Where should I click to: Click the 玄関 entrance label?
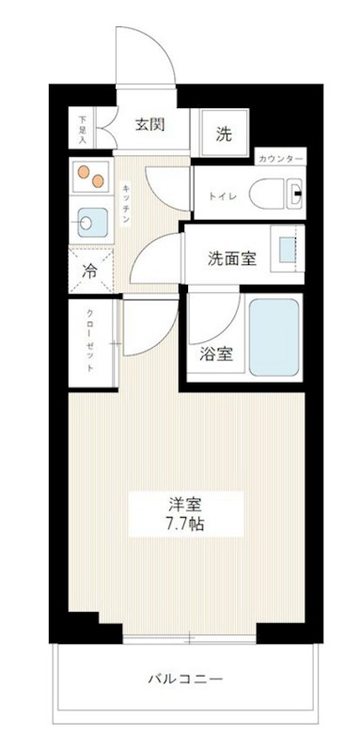(x=149, y=124)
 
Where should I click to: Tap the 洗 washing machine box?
(x=224, y=133)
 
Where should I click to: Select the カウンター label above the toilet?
(x=280, y=159)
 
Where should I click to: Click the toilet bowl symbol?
(x=269, y=194)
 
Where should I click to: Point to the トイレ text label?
(x=217, y=196)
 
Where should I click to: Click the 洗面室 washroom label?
(x=232, y=258)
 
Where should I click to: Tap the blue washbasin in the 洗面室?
(x=287, y=250)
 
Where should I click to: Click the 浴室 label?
(x=217, y=354)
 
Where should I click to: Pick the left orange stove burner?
(x=85, y=171)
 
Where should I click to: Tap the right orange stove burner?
(x=99, y=181)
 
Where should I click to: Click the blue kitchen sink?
(x=92, y=223)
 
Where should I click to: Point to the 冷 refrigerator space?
(x=91, y=271)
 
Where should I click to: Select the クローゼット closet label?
(x=90, y=341)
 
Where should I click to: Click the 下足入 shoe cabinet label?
(x=82, y=128)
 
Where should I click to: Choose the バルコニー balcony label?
(x=185, y=679)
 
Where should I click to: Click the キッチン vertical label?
(x=125, y=204)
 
